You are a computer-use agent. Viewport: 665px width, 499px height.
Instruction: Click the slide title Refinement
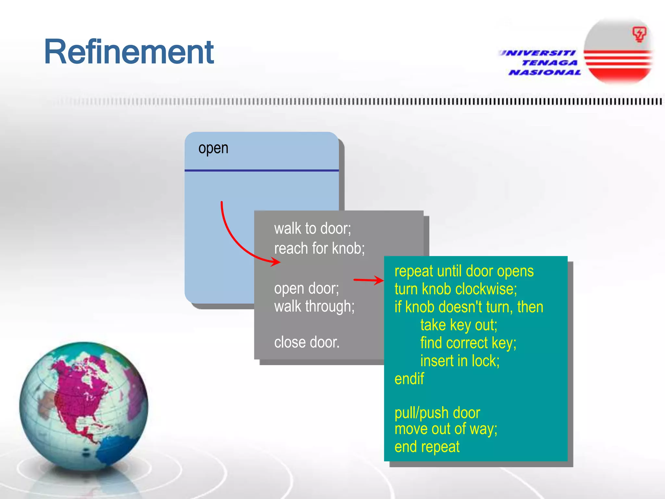129,52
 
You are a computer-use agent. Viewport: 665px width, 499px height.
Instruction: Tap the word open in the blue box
213,148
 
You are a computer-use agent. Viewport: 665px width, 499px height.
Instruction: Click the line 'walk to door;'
312,228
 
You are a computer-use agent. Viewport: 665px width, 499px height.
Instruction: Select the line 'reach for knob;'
319,249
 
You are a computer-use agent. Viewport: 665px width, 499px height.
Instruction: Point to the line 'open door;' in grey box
306,288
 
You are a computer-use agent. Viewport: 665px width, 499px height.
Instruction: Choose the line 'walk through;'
314,306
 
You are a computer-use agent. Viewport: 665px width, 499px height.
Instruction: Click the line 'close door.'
307,342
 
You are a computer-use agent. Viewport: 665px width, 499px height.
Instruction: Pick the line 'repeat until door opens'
464,271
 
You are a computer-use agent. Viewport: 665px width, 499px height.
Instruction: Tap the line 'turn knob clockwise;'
456,289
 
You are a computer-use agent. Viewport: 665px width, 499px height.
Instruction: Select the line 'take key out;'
458,325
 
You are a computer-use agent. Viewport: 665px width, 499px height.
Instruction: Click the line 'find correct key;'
468,343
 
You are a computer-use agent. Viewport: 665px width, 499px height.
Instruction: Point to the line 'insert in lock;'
459,361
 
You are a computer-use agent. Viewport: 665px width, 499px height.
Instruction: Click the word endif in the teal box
409,379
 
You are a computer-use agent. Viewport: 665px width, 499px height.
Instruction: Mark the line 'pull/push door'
437,413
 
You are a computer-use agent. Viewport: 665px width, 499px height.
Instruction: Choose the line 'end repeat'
427,447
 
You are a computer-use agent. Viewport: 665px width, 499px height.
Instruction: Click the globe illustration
83,406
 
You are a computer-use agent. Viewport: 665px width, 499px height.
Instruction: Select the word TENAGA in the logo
549,63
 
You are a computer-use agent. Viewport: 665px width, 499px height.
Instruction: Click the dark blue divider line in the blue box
261,170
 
